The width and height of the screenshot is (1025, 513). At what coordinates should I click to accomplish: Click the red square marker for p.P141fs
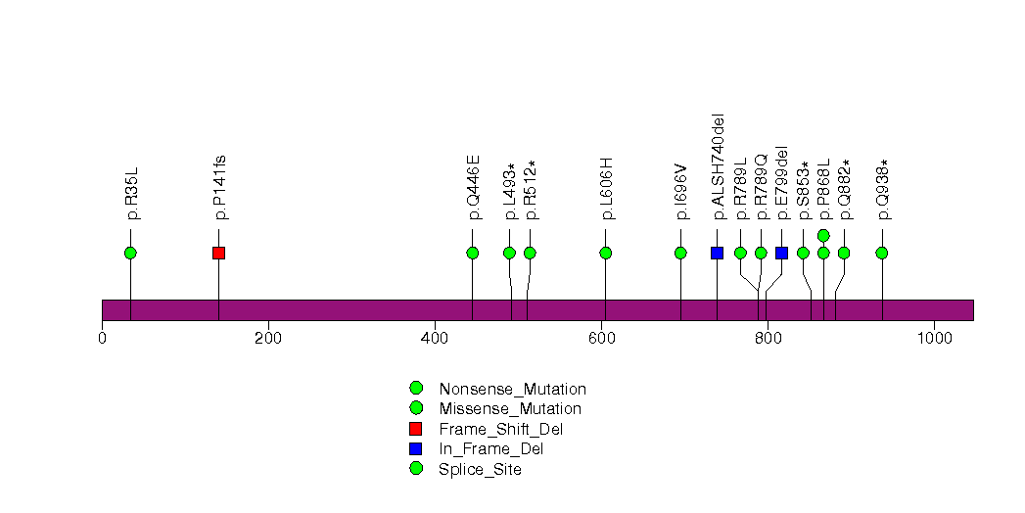pyautogui.click(x=218, y=253)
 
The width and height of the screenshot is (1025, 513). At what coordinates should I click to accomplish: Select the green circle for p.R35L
pyautogui.click(x=130, y=253)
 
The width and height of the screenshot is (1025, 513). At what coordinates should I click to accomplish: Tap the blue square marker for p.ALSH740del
pyautogui.click(x=717, y=253)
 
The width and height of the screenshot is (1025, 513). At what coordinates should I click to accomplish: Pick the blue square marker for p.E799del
pyautogui.click(x=781, y=253)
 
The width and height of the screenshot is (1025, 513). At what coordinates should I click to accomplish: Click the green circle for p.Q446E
pyautogui.click(x=472, y=253)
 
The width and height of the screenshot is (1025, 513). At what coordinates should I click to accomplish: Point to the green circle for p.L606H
pyautogui.click(x=605, y=253)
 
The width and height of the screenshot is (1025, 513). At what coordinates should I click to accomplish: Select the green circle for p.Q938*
pyautogui.click(x=882, y=253)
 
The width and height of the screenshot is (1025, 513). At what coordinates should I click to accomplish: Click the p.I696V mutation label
pyautogui.click(x=680, y=191)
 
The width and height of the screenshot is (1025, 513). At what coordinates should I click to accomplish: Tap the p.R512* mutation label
pyautogui.click(x=530, y=189)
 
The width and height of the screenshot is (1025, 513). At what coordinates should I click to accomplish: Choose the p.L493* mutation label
pyautogui.click(x=509, y=190)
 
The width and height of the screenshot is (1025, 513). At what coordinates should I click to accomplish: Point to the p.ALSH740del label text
pyautogui.click(x=718, y=166)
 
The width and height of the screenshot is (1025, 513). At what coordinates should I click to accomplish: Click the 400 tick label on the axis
pyautogui.click(x=435, y=338)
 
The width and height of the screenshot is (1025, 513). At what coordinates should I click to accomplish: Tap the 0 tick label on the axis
pyautogui.click(x=102, y=338)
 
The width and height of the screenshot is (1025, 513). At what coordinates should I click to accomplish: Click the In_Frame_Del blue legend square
pyautogui.click(x=416, y=448)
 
